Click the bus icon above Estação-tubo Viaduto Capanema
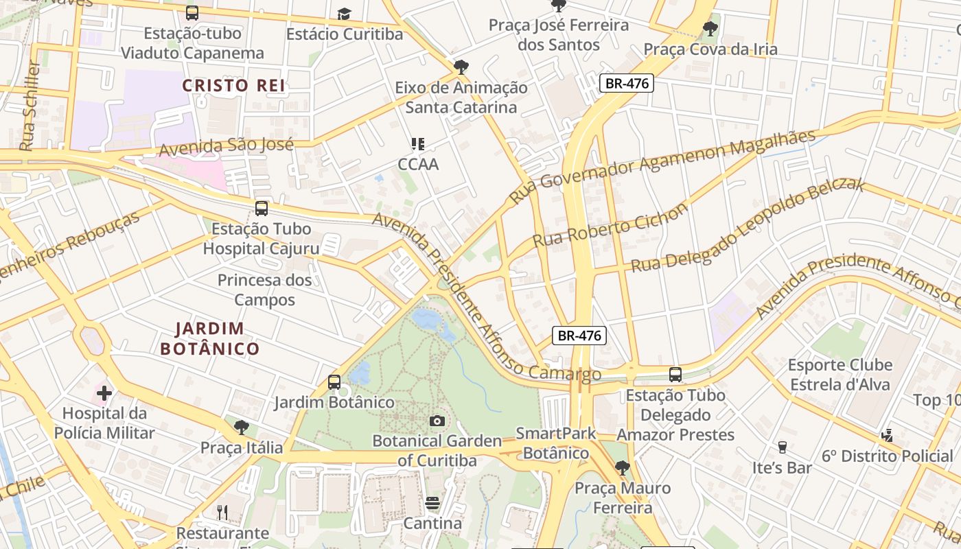tap(192, 12)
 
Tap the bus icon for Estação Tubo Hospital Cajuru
tap(261, 209)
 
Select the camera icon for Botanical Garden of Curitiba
tap(437, 421)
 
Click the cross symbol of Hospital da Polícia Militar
tap(104, 393)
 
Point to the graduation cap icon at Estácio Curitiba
tap(344, 14)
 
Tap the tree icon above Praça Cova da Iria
tap(710, 29)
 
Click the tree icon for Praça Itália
tap(241, 428)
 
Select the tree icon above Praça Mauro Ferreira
tap(622, 468)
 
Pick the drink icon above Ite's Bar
tap(782, 447)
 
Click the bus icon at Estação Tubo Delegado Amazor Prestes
tap(675, 375)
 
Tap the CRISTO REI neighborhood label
tap(233, 86)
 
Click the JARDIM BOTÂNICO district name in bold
tap(210, 338)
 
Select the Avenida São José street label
tap(227, 146)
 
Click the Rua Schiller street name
tap(31, 106)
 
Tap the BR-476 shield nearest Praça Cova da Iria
tap(626, 84)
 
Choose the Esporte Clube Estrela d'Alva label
tap(840, 375)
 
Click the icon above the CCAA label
tap(417, 144)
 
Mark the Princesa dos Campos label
tap(265, 290)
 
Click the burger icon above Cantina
tap(432, 503)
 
